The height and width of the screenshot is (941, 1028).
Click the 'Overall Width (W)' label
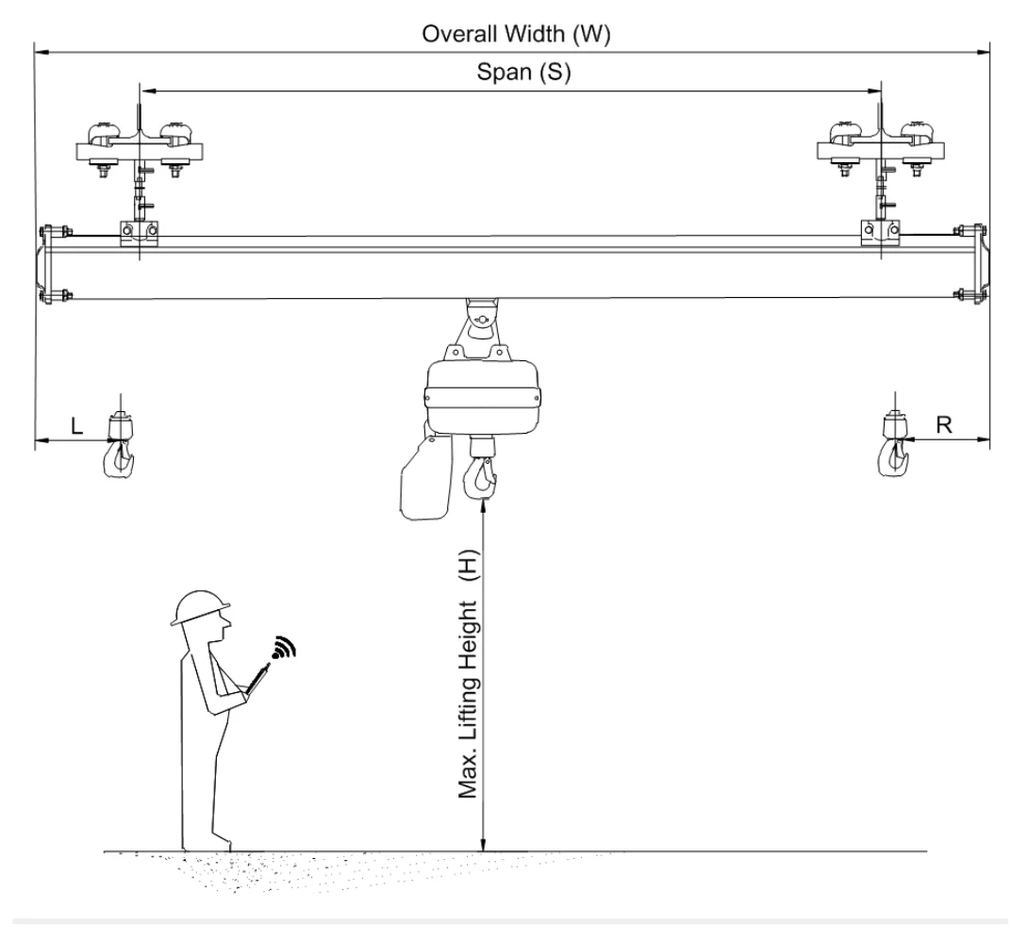pos(516,34)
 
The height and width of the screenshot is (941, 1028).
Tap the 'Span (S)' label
pos(523,72)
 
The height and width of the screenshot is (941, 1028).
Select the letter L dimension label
pos(76,426)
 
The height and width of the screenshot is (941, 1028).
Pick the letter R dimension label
pos(943,425)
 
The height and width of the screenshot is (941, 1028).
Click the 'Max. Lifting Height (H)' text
pos(468,673)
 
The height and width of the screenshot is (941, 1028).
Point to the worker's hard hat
pos(200,607)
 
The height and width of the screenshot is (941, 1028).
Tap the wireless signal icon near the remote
pos(283,648)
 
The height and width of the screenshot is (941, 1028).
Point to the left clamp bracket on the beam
pos(139,234)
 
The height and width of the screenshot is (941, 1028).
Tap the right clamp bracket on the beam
pos(881,233)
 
